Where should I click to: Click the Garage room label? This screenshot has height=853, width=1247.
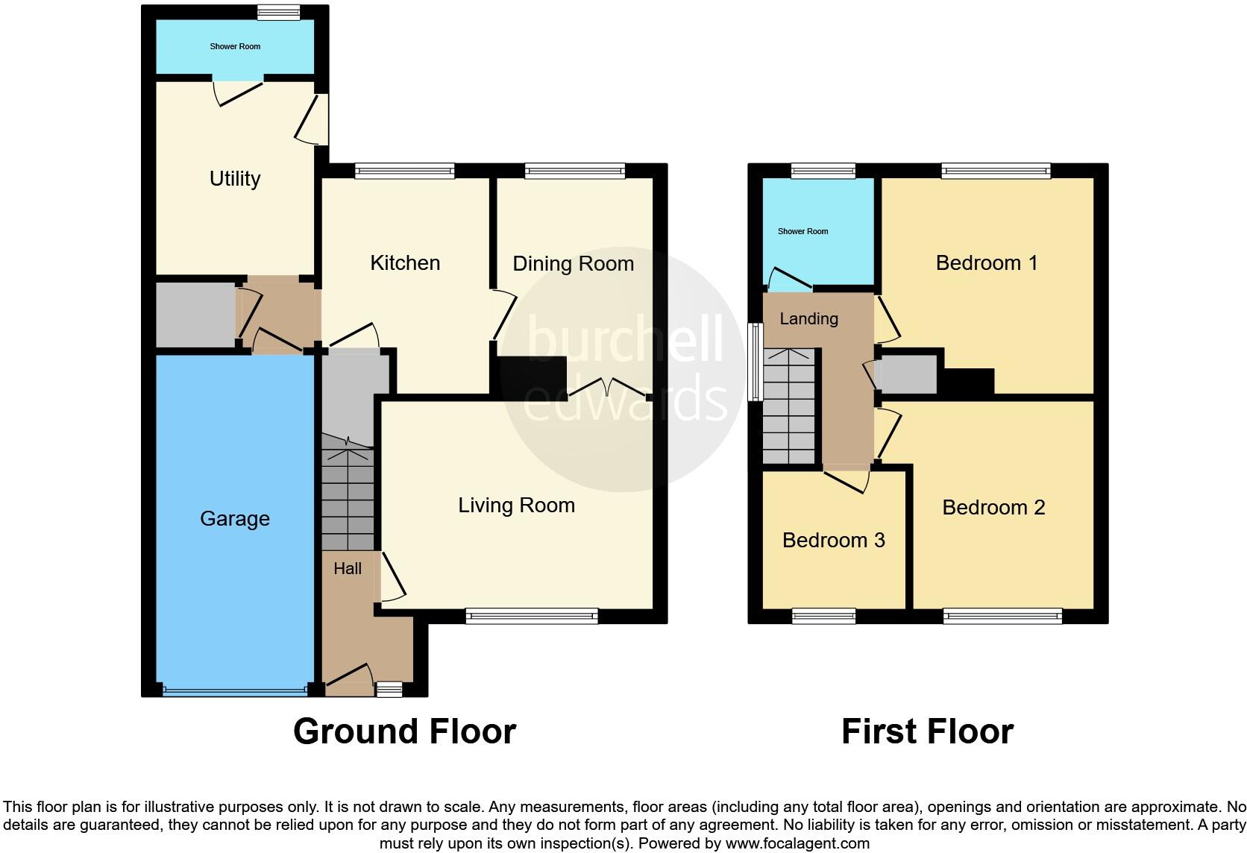click(235, 519)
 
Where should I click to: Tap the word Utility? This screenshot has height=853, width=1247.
click(235, 179)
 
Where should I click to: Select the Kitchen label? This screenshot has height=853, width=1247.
click(405, 263)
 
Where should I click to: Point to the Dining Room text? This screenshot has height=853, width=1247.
click(573, 264)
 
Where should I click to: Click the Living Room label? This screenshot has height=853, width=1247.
click(516, 506)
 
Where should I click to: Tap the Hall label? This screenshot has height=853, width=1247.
click(348, 569)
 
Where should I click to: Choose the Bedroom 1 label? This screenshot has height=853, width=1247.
click(987, 263)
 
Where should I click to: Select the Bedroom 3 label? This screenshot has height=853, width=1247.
click(833, 541)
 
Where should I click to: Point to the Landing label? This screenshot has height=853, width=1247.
click(808, 319)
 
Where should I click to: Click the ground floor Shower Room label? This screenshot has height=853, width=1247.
click(235, 47)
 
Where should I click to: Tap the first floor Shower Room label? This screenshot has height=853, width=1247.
click(802, 232)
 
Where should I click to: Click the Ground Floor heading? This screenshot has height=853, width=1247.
click(404, 731)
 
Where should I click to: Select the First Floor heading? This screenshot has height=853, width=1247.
click(927, 731)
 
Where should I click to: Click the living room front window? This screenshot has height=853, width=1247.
click(532, 616)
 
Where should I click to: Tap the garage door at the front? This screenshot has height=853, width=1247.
click(235, 690)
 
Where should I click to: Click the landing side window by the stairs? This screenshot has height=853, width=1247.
click(756, 362)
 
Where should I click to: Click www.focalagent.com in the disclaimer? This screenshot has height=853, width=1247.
click(797, 844)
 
